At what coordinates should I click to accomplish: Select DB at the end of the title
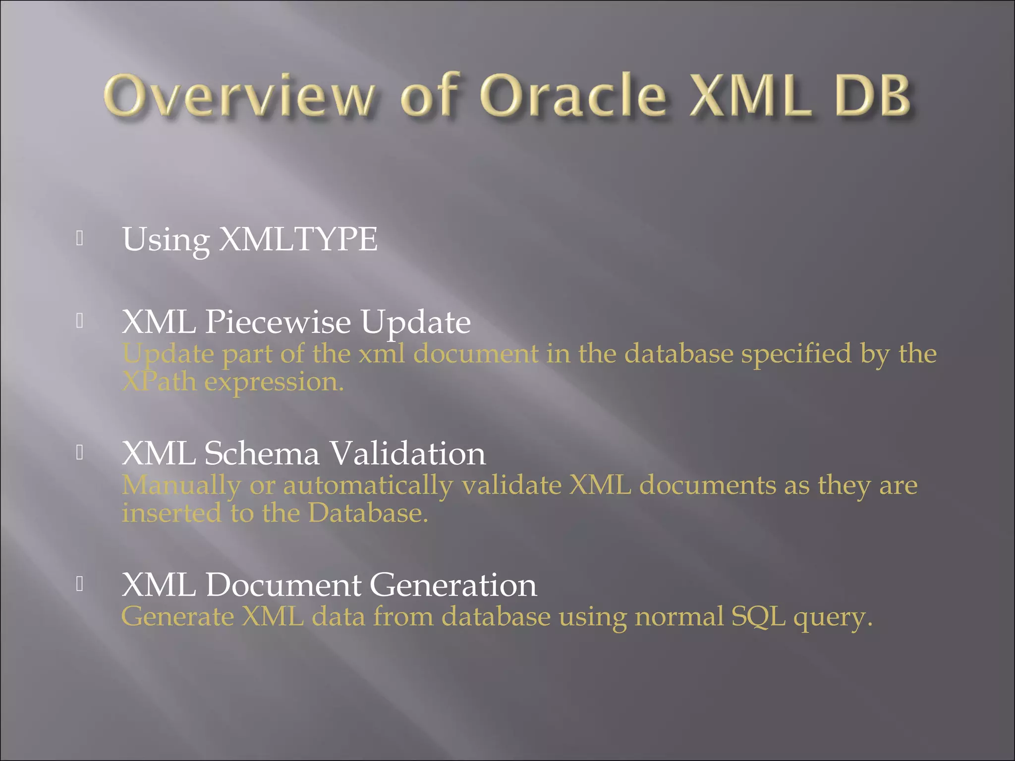[x=872, y=96]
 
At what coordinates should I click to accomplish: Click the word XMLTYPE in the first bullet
[x=298, y=240]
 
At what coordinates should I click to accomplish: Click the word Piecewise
[x=278, y=322]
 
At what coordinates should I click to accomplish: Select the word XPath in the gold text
[x=159, y=382]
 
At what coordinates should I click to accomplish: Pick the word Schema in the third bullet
[x=262, y=453]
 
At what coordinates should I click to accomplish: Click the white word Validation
[x=407, y=453]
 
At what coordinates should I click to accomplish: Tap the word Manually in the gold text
[x=181, y=486]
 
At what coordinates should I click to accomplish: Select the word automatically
[x=367, y=486]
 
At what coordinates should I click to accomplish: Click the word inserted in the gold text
[x=171, y=513]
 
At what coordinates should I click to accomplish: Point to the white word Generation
[x=452, y=585]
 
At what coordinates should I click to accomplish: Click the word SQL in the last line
[x=758, y=617]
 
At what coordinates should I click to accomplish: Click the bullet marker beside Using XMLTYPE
[x=80, y=239]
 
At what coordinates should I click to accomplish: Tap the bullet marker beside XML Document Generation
[x=80, y=584]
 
